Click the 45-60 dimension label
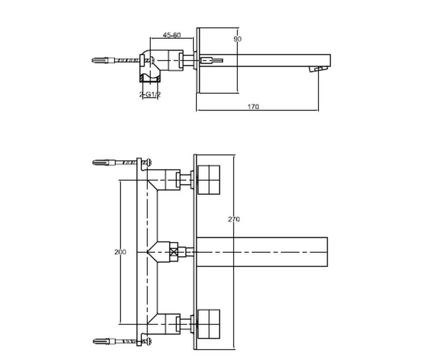172,35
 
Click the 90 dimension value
237,39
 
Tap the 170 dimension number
253,107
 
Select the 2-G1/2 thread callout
150,95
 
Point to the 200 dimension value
120,252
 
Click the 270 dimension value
234,220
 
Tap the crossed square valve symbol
174,251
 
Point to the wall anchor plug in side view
101,60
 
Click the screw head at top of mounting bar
149,162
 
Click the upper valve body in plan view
164,180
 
